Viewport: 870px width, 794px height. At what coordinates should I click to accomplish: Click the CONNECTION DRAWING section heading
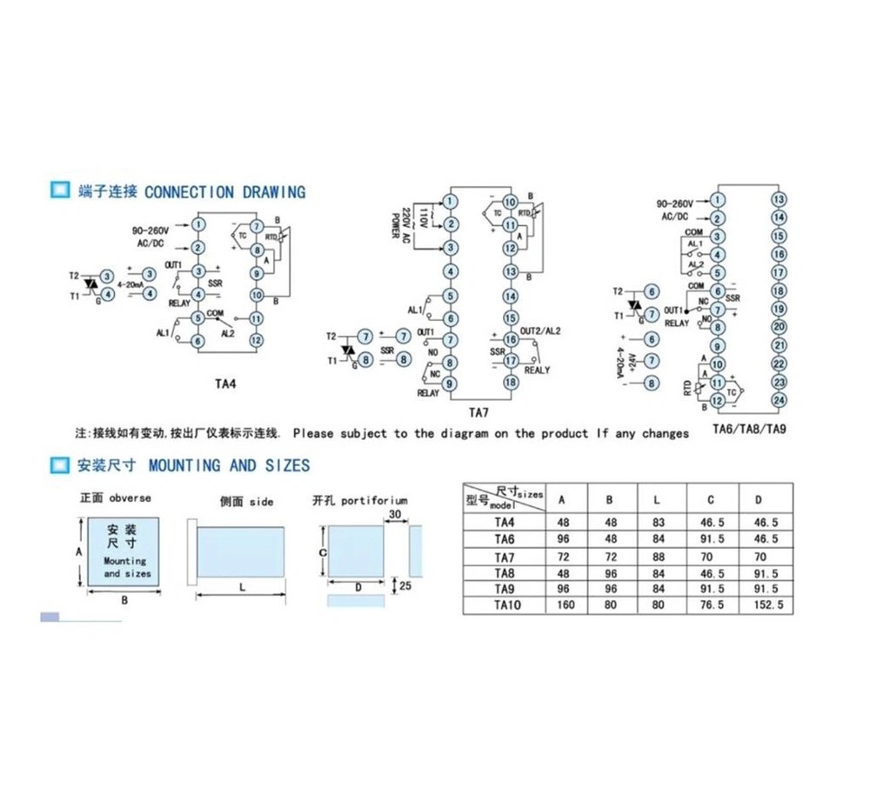pos(224,191)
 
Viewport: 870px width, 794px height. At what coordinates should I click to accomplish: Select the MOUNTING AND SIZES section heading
pos(229,465)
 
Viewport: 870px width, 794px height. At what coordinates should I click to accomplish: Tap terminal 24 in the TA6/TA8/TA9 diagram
pos(779,400)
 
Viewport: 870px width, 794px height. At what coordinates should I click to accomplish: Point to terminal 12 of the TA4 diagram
pos(256,340)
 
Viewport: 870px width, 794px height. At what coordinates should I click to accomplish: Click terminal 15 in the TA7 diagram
pos(511,317)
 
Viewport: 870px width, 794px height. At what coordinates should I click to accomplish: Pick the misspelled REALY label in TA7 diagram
pos(537,370)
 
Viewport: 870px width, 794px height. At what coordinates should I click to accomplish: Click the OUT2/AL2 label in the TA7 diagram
pos(540,331)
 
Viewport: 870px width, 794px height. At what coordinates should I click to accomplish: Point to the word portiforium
pos(374,501)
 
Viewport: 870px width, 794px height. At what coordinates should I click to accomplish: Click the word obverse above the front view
pos(131,497)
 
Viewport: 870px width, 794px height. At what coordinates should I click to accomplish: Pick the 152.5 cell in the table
pos(760,604)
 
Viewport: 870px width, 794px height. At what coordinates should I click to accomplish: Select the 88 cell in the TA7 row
pos(659,556)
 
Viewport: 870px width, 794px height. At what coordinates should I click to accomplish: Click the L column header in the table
pos(659,499)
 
